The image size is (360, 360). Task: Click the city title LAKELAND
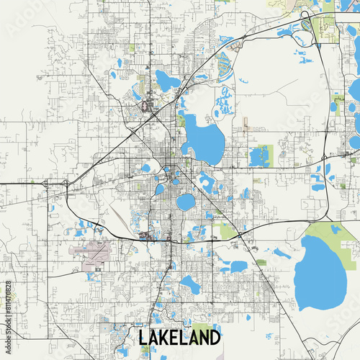(x=179, y=337)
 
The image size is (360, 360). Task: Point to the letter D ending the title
(x=215, y=337)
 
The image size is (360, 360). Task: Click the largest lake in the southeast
(x=321, y=271)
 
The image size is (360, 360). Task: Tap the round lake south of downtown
(x=186, y=202)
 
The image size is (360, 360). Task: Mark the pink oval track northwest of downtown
(x=148, y=107)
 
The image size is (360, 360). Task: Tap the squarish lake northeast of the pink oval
(x=168, y=81)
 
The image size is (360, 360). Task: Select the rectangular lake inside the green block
(x=258, y=155)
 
